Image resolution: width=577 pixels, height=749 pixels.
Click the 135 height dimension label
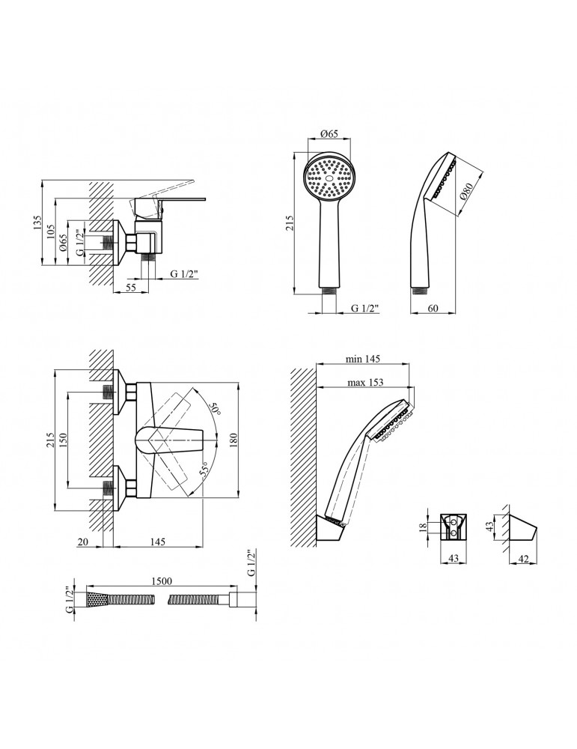[38, 222]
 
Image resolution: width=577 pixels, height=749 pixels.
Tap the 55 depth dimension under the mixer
[131, 287]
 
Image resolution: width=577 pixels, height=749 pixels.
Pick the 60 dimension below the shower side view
[433, 308]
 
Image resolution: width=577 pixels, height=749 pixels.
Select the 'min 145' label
[364, 359]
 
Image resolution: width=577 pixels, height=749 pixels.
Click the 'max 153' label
[365, 382]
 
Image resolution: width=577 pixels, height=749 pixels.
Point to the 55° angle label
[204, 470]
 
